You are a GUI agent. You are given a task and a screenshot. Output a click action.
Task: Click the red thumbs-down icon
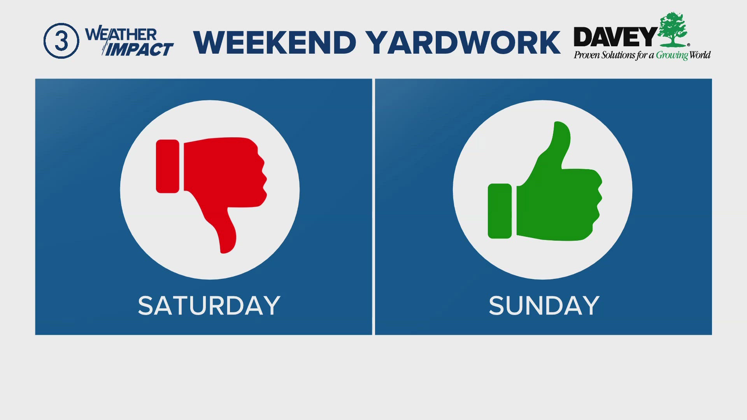[x=211, y=194]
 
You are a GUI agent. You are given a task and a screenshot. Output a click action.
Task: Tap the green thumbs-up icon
[x=545, y=181]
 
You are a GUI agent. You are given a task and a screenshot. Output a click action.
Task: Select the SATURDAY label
[x=209, y=306]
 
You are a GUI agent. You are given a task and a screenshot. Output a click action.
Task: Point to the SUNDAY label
[x=544, y=306]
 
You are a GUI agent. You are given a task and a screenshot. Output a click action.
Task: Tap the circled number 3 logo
[x=61, y=41]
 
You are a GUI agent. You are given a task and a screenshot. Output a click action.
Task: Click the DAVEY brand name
[x=615, y=37]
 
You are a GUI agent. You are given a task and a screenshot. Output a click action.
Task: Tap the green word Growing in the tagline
[x=672, y=55]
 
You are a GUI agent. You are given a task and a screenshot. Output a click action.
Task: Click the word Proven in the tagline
[x=587, y=55]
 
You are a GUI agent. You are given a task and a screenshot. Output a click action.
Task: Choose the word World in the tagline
[x=700, y=55]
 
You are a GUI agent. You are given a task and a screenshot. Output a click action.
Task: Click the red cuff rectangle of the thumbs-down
[x=168, y=166]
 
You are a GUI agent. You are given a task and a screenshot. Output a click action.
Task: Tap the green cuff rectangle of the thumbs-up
[x=500, y=211]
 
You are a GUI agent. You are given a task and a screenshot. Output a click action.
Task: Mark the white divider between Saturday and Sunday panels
[x=373, y=206]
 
